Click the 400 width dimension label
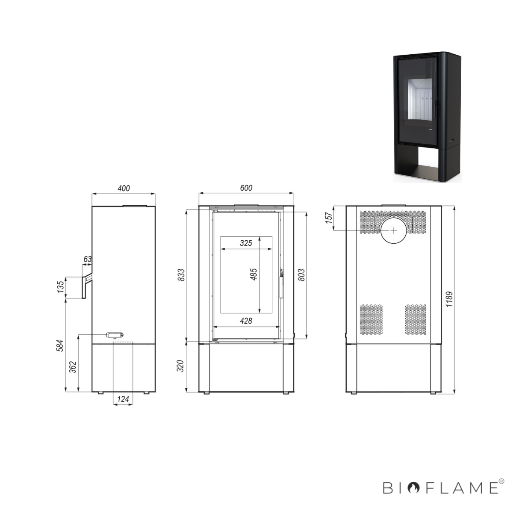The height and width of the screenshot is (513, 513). point(124,188)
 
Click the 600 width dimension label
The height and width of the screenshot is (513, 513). point(246,188)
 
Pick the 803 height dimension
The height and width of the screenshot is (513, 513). point(301,274)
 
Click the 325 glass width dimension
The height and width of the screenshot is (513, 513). point(246,243)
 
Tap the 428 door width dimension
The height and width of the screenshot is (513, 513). point(246,321)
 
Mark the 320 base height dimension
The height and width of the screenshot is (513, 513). point(181,366)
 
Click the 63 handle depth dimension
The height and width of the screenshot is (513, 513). point(88,259)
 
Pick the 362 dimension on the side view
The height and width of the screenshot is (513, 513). point(73,367)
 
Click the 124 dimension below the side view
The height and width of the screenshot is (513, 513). point(123,399)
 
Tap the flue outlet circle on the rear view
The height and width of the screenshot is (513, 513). point(394,230)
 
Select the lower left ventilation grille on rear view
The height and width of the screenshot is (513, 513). point(371,319)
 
